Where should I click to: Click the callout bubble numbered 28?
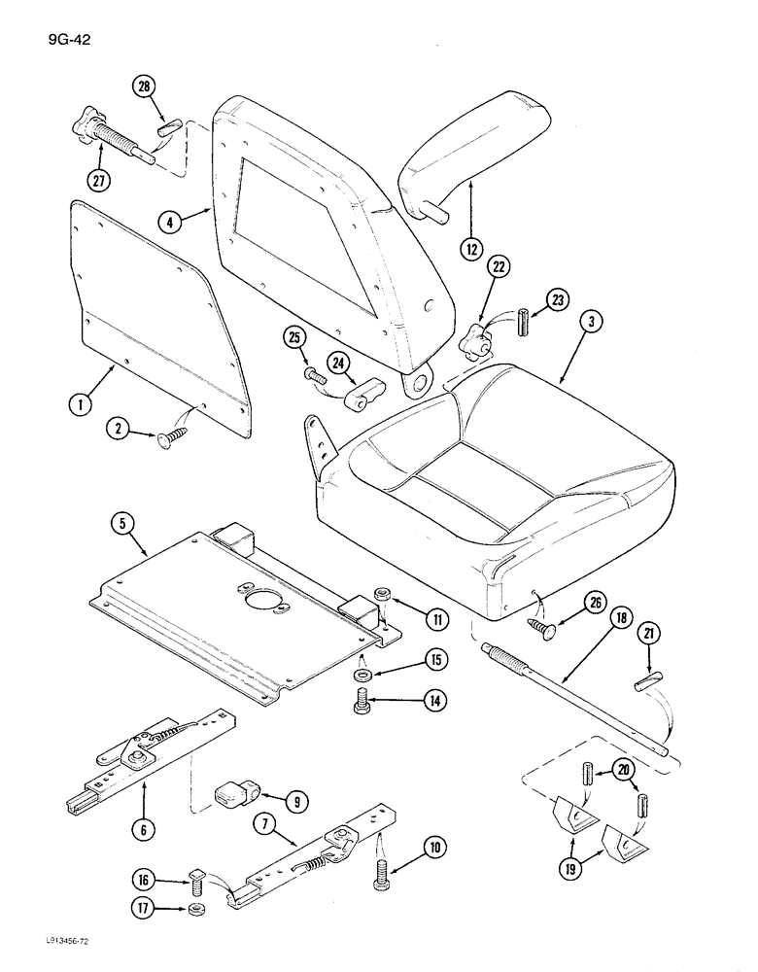click(144, 87)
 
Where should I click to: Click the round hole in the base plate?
click(259, 601)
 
